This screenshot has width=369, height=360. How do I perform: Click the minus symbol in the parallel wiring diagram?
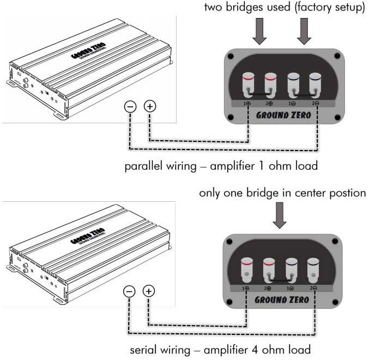point(131,107)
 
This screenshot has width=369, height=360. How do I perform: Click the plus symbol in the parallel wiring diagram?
point(149,107)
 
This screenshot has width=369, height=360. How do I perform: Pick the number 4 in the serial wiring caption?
point(267,349)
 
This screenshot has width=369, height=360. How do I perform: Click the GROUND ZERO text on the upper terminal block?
point(283,115)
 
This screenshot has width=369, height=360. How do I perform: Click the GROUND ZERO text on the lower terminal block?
point(282,299)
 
